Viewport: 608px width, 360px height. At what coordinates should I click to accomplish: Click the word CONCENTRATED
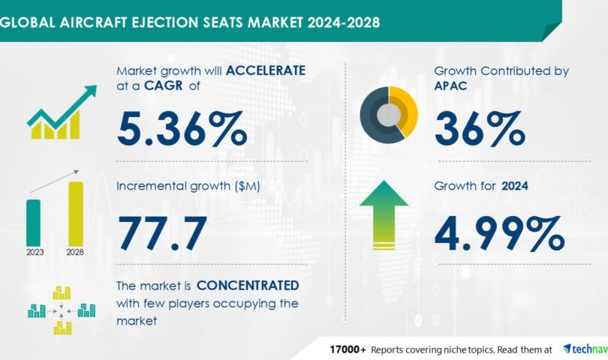pos(248,286)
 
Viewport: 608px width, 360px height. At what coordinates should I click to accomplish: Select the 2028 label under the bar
pos(76,252)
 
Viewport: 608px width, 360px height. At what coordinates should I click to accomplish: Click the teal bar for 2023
pos(33,222)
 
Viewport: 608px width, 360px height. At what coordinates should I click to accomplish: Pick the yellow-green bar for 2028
pos(76,213)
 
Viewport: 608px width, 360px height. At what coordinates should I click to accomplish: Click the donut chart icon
pos(389,115)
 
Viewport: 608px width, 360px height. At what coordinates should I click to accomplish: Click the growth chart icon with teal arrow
pos(61,113)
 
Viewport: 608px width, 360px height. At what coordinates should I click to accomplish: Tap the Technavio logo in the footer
pos(585,349)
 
